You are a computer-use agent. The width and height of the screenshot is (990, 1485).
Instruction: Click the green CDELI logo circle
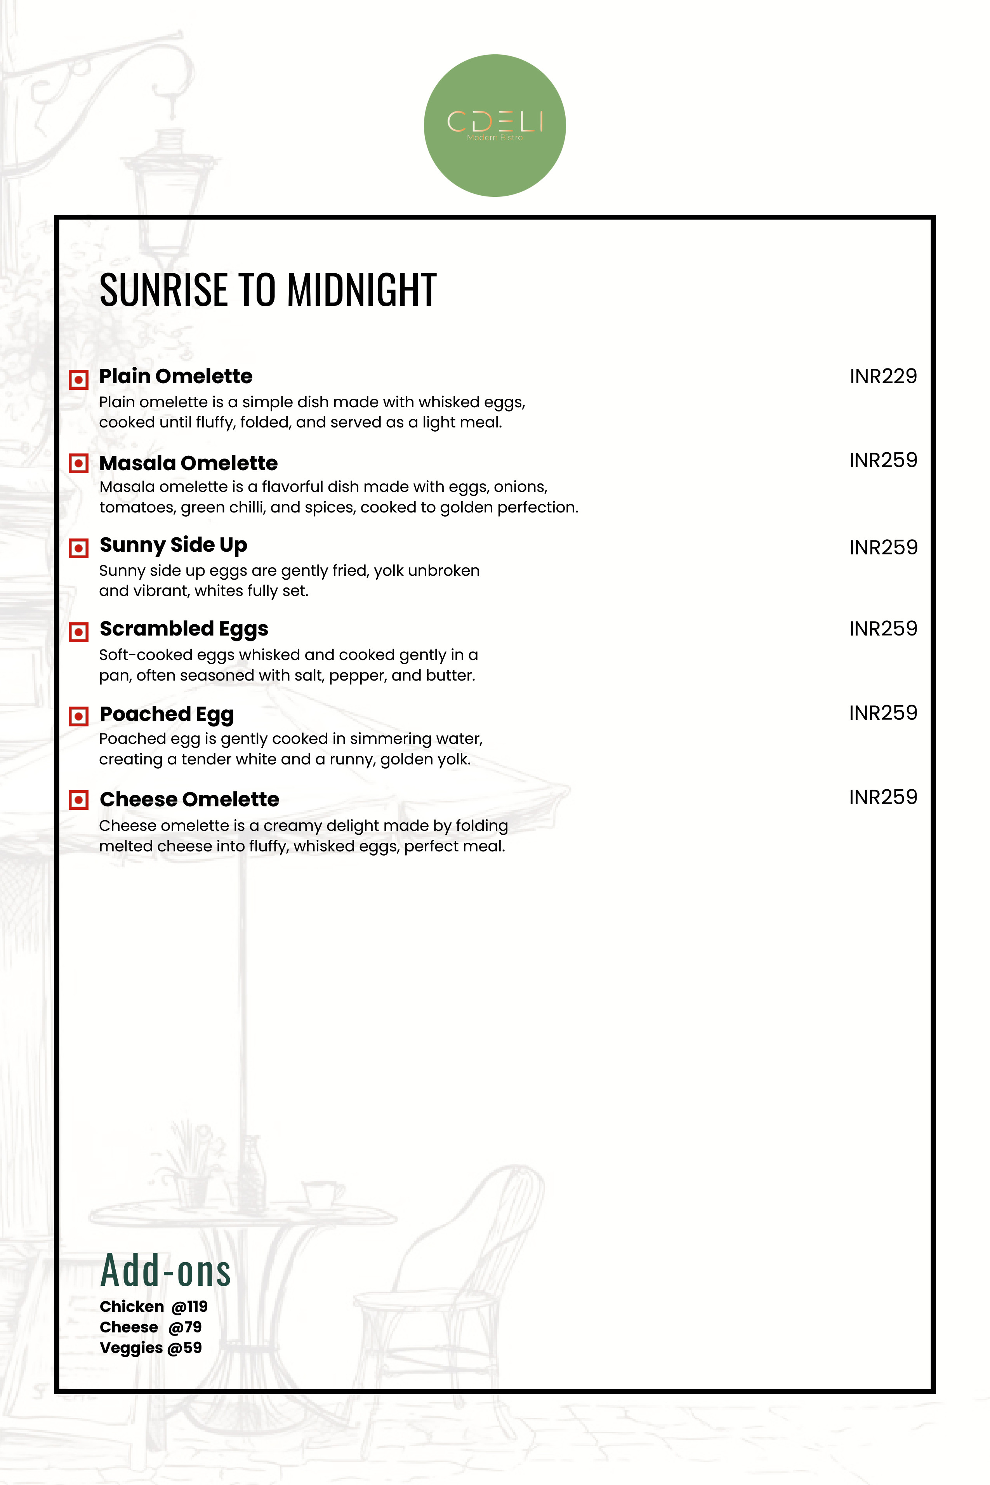494,126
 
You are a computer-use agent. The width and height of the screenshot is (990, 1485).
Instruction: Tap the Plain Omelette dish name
175,376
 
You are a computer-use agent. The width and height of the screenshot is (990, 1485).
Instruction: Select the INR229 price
883,376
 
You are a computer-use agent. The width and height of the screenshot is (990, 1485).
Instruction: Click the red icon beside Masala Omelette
78,464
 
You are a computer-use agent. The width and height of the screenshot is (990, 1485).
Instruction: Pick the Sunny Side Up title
173,545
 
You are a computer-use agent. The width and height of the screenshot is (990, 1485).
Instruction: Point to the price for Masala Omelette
883,460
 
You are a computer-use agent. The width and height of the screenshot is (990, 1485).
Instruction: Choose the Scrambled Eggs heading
184,629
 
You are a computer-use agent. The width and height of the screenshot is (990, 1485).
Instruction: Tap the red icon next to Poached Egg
78,716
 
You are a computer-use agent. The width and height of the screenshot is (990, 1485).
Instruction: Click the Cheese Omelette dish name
189,799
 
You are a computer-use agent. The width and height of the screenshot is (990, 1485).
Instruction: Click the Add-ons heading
165,1271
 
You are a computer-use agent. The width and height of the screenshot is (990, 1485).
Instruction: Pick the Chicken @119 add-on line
153,1306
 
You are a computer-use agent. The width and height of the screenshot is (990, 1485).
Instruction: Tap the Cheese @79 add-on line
150,1327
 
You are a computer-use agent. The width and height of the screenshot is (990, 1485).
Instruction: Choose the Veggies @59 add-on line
150,1348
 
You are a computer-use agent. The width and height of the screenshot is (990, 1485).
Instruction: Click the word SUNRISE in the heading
163,290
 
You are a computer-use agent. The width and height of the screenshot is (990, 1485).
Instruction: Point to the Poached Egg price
883,713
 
